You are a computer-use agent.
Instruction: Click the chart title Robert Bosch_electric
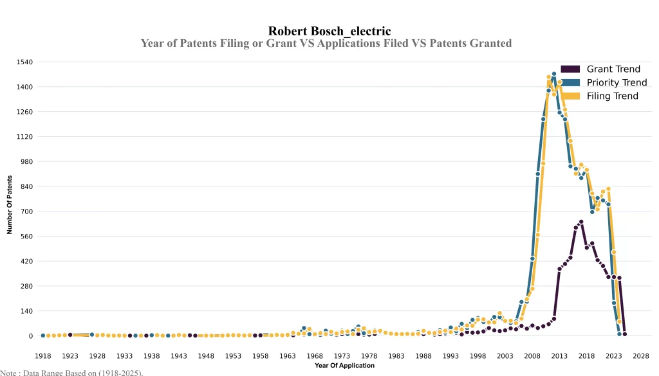click(x=329, y=31)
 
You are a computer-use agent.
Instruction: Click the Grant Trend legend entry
click(x=613, y=69)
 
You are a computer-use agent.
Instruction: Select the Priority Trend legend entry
click(x=616, y=82)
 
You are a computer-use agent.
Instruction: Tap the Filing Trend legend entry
click(x=611, y=96)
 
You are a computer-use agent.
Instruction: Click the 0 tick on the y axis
click(x=30, y=336)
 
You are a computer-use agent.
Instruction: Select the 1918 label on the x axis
click(x=43, y=355)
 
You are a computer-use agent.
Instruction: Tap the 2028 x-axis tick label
click(x=641, y=355)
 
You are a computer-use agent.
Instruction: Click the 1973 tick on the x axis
click(x=342, y=355)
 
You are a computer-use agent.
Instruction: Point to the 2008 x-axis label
click(x=532, y=355)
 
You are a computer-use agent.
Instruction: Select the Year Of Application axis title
click(x=344, y=366)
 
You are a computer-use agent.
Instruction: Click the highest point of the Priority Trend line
click(x=553, y=74)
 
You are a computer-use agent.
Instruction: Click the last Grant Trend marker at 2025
click(x=624, y=334)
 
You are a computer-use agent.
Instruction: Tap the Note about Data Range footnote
click(x=71, y=372)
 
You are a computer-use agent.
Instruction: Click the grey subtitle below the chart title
click(x=326, y=44)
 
